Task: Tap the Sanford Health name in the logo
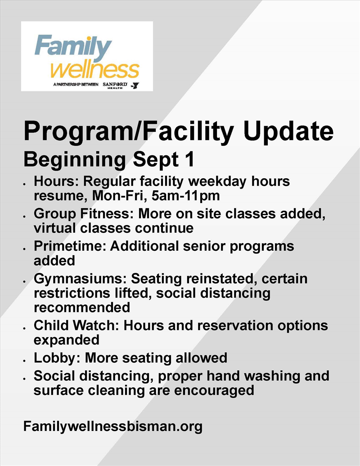(x=115, y=85)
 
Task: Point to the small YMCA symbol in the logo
(x=136, y=86)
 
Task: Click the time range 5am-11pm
(x=185, y=195)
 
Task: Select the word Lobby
(x=56, y=358)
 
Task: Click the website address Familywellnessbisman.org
(x=113, y=427)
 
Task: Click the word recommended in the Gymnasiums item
(x=82, y=308)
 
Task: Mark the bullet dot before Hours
(x=25, y=184)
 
